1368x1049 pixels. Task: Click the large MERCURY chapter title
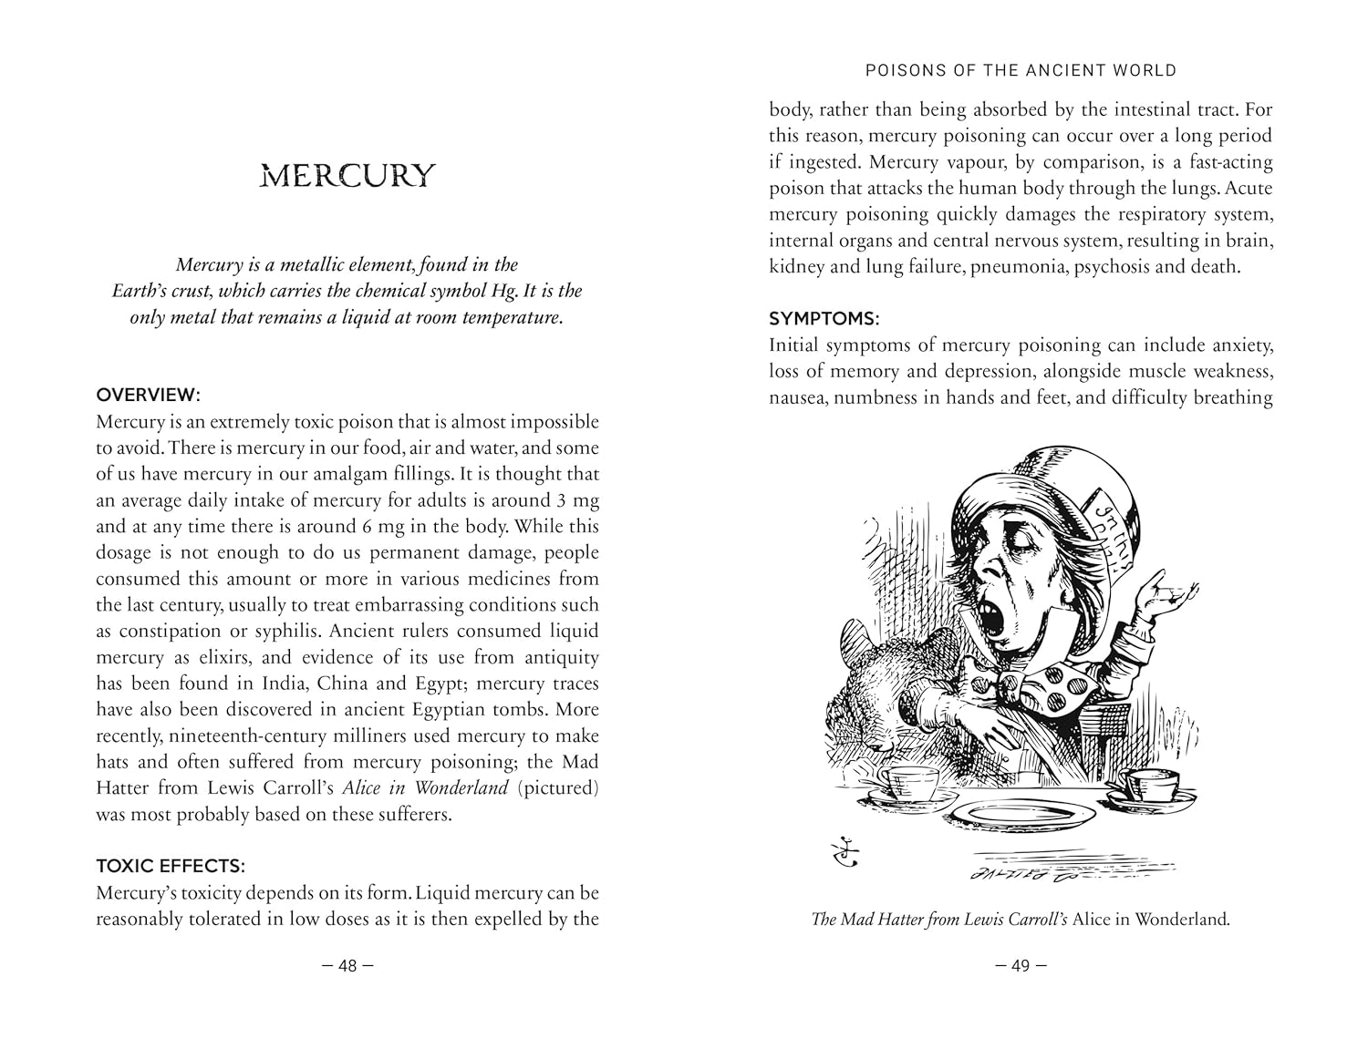(x=347, y=175)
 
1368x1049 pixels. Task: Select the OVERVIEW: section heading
(x=148, y=395)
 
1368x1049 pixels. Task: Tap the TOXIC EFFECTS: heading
(x=171, y=866)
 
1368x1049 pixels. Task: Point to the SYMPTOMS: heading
(x=824, y=318)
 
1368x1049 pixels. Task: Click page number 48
(x=347, y=965)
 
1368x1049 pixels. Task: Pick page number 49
(x=1021, y=965)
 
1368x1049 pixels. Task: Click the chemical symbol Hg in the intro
(x=512, y=292)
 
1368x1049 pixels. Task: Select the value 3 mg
(x=573, y=500)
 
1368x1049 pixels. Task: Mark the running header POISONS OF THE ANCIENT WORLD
(x=1021, y=70)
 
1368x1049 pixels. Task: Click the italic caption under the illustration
(x=1021, y=920)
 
